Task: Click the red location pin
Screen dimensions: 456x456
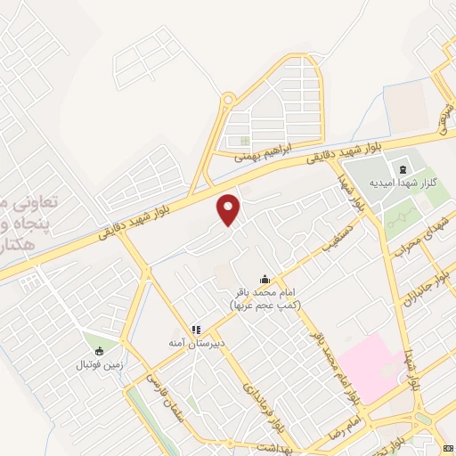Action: click(229, 208)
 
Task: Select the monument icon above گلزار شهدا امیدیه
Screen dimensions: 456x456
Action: click(402, 169)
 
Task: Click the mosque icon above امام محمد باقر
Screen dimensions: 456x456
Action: click(264, 278)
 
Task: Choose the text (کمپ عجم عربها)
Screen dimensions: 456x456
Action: click(265, 305)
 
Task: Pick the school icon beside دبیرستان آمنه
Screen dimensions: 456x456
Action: click(196, 330)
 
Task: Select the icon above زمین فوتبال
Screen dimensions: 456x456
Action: click(98, 350)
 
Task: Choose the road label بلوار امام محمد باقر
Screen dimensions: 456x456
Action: click(335, 363)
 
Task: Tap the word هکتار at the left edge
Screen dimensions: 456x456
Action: click(16, 242)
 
